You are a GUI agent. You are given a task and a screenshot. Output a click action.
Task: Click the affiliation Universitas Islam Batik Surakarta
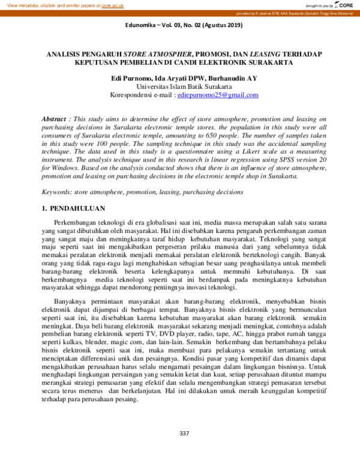[x=179, y=86]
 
